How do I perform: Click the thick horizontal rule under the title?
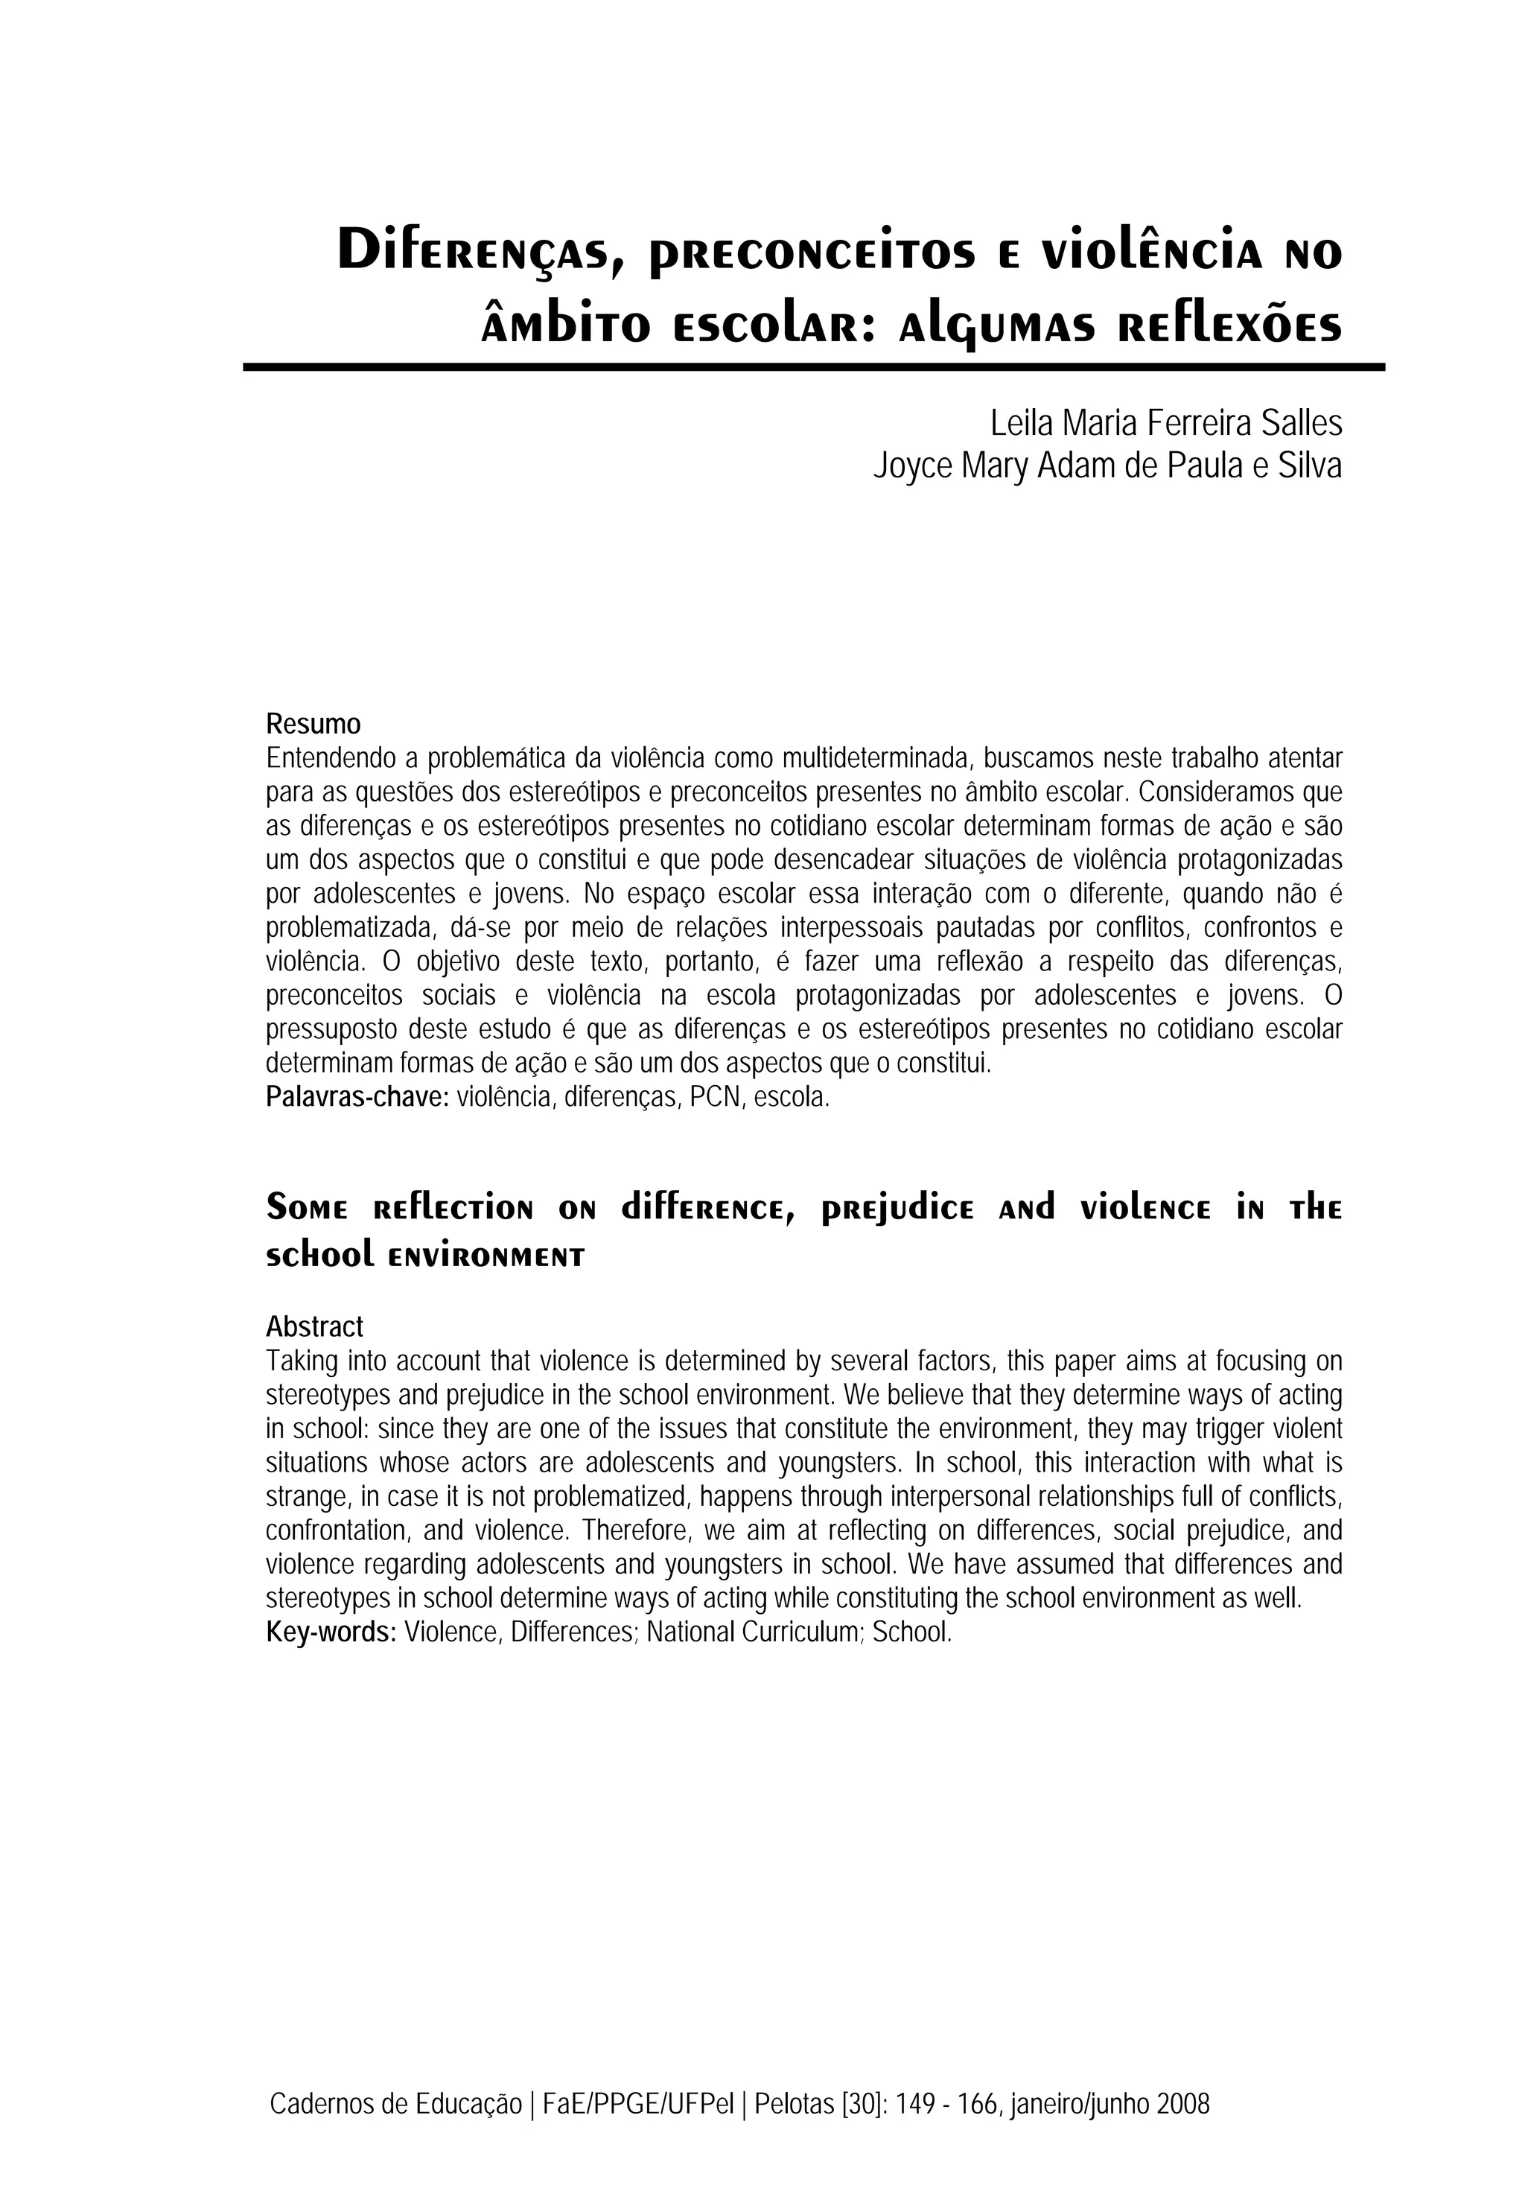click(x=813, y=367)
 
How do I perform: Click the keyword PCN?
click(x=716, y=1097)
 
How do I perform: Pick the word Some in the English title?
click(x=307, y=1209)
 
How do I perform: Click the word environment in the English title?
click(x=486, y=1256)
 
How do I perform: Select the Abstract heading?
click(x=314, y=1326)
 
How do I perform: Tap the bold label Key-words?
click(x=331, y=1631)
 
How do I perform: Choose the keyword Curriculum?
click(x=802, y=1631)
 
